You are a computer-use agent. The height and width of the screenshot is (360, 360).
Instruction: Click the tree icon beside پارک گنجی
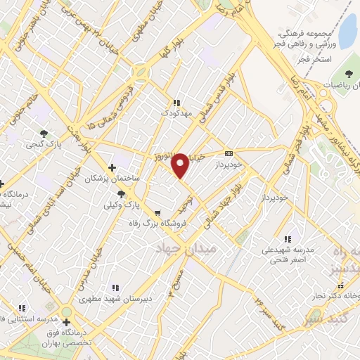click(45, 133)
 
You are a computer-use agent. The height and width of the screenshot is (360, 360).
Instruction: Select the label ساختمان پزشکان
click(112, 179)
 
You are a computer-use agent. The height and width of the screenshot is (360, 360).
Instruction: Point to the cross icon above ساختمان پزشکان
click(112, 167)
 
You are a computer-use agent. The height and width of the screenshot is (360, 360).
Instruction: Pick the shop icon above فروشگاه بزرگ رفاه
click(157, 212)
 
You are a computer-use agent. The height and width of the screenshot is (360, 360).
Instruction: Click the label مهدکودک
click(176, 112)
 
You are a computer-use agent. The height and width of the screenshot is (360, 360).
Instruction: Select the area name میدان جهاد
click(188, 249)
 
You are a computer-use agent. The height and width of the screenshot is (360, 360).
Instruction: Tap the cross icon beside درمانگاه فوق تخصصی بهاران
click(66, 323)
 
